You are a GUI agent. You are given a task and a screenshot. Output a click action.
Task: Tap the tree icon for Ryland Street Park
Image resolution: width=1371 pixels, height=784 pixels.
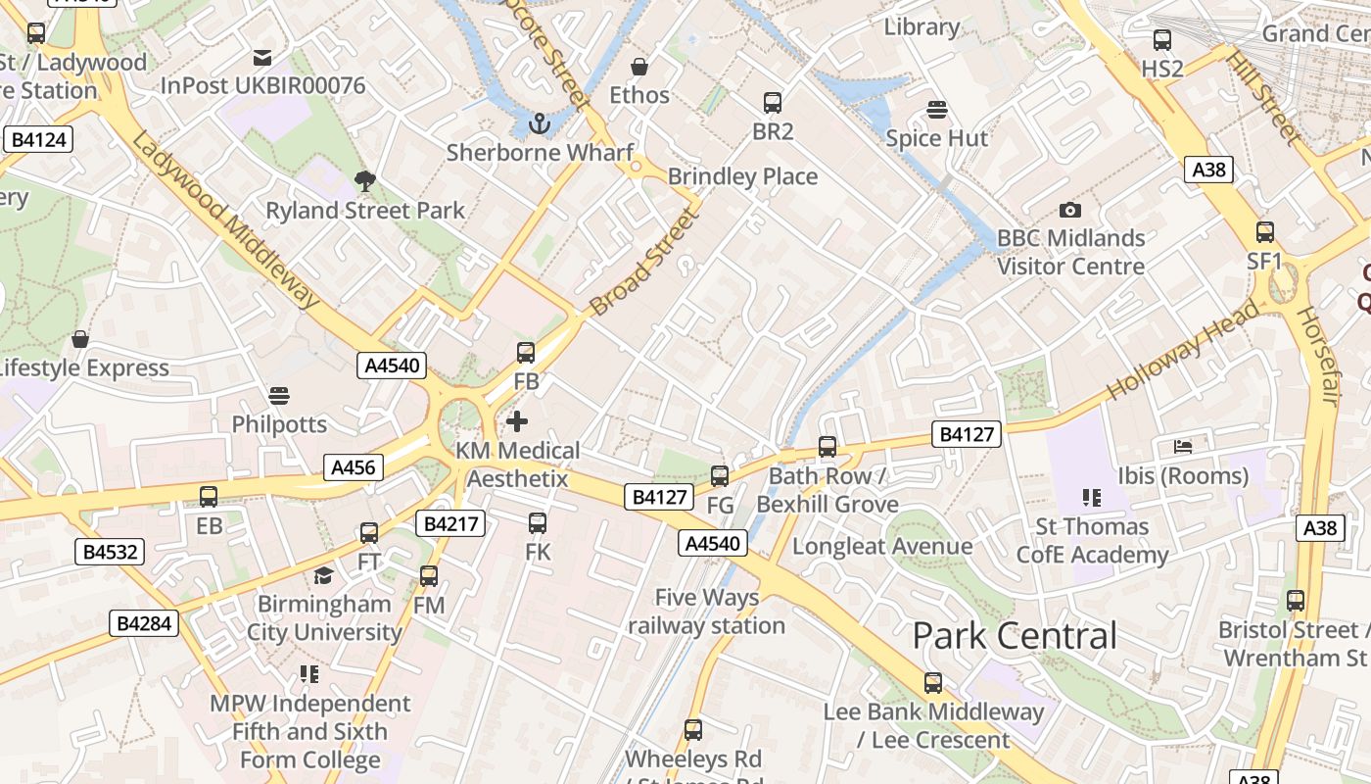coord(365,181)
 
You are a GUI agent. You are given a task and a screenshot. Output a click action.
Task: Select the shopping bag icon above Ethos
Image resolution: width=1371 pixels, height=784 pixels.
coord(639,67)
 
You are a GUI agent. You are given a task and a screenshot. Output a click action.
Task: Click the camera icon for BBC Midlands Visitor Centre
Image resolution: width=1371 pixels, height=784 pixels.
coord(1070,210)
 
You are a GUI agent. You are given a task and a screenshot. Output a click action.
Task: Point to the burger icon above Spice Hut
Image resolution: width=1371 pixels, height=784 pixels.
coord(937,109)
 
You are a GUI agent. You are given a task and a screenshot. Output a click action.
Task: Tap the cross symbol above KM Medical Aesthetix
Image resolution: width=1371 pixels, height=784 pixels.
coord(517,421)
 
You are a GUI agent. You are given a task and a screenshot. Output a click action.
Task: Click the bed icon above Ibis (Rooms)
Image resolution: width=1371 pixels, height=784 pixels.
coord(1183,447)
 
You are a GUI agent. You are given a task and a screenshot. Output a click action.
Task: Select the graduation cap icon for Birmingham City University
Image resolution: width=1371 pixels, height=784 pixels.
coord(323,575)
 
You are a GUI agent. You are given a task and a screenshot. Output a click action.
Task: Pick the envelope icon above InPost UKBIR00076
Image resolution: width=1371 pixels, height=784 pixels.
coord(262,58)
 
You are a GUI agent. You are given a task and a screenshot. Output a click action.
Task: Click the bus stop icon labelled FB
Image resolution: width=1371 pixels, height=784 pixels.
coord(526,353)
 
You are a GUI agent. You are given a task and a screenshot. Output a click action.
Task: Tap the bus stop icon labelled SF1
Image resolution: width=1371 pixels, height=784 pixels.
coord(1265,232)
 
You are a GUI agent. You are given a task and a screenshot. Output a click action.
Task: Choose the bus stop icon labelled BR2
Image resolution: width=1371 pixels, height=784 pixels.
coord(773,102)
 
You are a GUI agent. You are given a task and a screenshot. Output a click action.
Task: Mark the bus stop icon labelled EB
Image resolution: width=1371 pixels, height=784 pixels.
coord(209,497)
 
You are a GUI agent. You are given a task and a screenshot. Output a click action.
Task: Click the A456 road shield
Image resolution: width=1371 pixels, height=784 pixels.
coord(354,467)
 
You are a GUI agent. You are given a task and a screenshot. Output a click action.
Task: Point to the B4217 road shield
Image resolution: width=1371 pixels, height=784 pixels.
coord(450,523)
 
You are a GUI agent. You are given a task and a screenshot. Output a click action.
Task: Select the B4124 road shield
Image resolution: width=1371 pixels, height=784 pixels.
coord(39,140)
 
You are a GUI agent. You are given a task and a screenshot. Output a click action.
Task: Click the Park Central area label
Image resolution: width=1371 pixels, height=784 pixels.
coord(1015,636)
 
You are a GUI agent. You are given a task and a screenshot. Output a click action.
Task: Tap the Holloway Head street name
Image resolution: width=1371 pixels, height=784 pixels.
coord(1183,350)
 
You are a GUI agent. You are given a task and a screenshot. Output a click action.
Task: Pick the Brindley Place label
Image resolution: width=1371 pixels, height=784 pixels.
coord(742,176)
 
